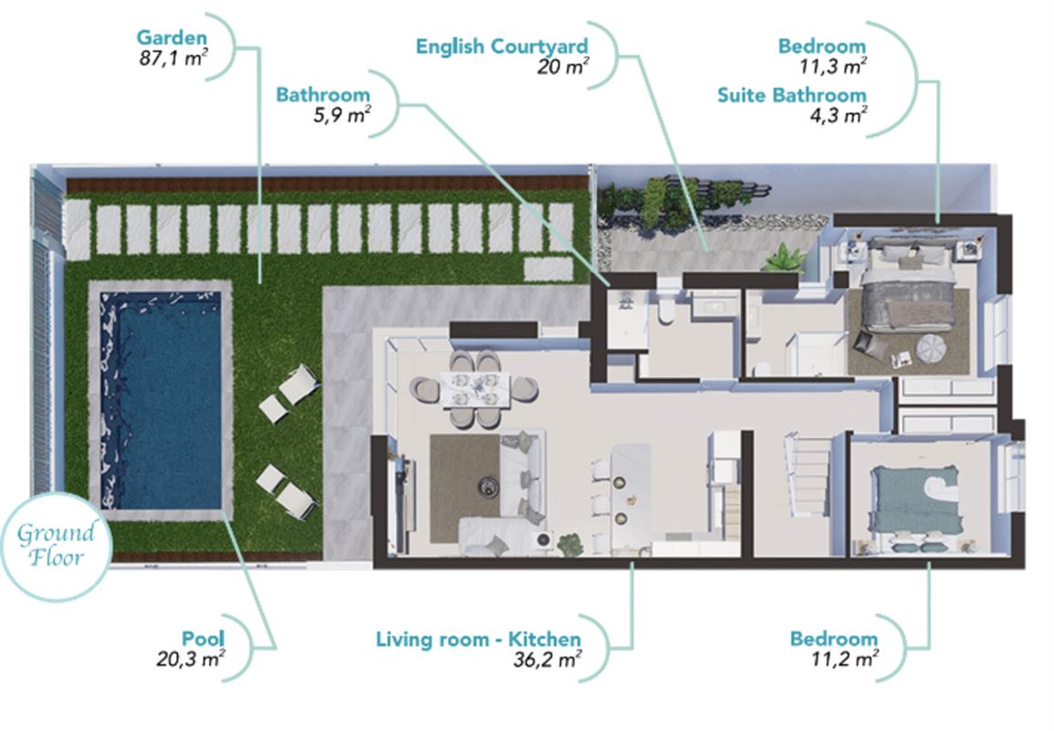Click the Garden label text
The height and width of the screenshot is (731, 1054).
(x=172, y=37)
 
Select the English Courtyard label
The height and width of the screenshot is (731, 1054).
(x=501, y=47)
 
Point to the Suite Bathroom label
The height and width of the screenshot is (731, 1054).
(x=792, y=96)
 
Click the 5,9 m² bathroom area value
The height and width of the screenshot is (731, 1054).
(x=343, y=116)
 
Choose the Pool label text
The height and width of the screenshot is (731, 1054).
(x=203, y=638)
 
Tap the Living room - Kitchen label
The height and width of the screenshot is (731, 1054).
(x=478, y=639)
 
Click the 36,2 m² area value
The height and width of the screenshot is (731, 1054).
(x=547, y=660)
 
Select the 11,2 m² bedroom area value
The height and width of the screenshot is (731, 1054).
(x=845, y=659)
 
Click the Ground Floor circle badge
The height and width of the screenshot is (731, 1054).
(x=56, y=546)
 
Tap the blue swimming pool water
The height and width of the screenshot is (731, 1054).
(x=161, y=399)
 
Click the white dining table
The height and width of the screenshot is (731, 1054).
(x=476, y=389)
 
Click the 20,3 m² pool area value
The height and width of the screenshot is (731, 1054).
(x=191, y=659)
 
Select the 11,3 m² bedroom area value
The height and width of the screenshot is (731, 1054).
(x=833, y=67)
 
